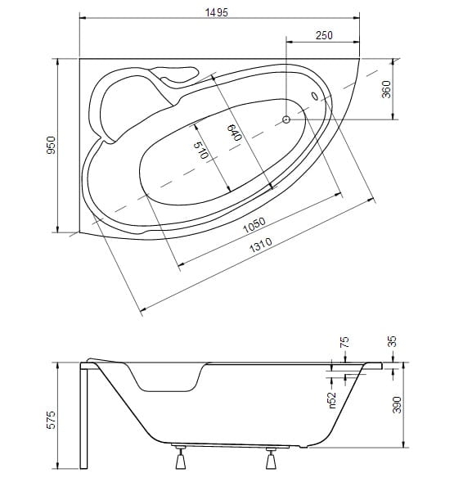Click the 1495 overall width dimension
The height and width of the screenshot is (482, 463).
(x=217, y=12)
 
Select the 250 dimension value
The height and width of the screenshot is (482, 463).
(x=324, y=35)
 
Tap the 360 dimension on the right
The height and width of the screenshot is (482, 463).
(x=386, y=89)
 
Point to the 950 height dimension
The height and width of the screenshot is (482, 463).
(x=51, y=146)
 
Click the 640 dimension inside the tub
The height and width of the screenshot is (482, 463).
(x=235, y=133)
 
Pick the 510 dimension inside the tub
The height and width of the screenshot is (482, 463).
(x=201, y=150)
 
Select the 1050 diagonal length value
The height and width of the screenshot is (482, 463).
(x=254, y=225)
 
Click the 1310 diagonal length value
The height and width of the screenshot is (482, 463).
(x=261, y=245)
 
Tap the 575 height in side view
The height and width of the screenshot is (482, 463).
(x=51, y=420)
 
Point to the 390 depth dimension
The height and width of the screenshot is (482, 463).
(x=398, y=404)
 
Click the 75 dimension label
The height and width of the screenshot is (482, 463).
(x=344, y=342)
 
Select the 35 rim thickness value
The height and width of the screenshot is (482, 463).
(x=392, y=341)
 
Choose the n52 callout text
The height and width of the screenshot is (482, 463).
(x=332, y=400)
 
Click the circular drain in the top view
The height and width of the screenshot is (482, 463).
(x=286, y=119)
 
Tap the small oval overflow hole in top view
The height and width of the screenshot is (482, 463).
(x=315, y=96)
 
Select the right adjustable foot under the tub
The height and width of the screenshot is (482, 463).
(x=271, y=457)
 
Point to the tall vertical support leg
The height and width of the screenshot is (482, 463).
(x=83, y=416)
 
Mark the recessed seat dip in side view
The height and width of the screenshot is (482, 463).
(x=167, y=379)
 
